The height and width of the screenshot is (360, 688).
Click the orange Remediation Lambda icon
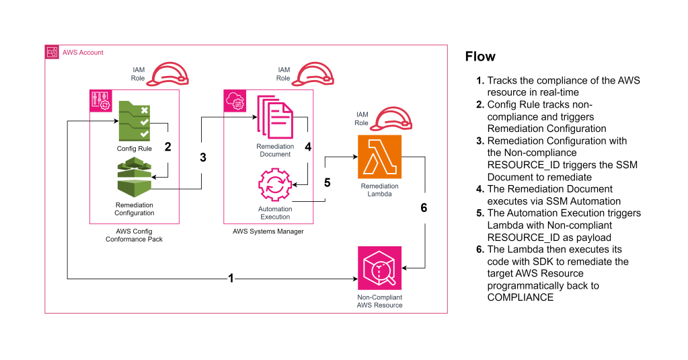click(379, 157)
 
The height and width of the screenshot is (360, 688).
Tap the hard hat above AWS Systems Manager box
click(314, 73)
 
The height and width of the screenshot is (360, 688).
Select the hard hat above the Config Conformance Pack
click(167, 73)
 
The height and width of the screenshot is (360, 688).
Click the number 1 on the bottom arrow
click(231, 277)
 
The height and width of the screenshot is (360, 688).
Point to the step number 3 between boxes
click(202, 157)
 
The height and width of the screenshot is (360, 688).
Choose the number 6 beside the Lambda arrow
click(423, 208)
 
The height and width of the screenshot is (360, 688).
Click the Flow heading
click(480, 57)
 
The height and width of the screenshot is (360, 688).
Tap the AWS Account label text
click(83, 52)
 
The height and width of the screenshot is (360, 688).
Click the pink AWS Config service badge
click(99, 100)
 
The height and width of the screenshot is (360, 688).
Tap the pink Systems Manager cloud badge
click(233, 100)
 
